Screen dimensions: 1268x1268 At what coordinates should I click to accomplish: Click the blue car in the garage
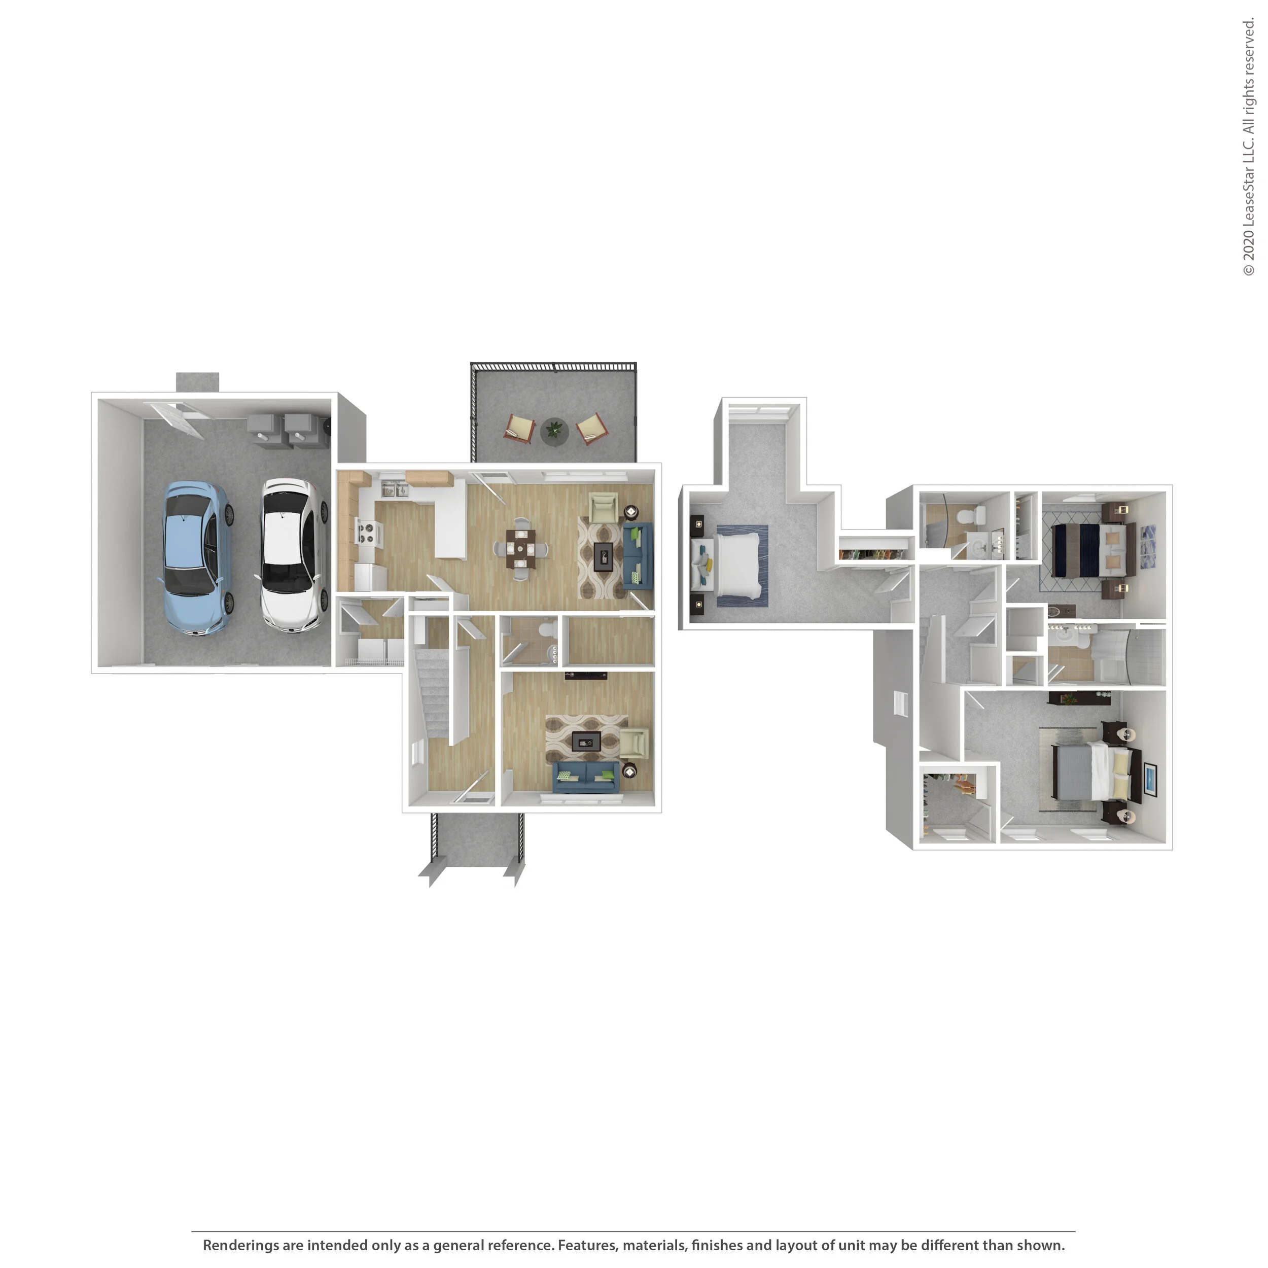196,558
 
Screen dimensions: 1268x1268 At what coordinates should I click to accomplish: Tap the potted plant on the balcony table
554,431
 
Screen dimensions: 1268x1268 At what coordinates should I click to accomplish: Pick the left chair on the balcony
520,428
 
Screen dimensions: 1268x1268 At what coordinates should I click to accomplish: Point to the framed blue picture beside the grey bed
1150,779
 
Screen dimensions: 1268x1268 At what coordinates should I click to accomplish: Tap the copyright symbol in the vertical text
1248,270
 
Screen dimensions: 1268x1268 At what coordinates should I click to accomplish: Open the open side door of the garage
174,418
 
